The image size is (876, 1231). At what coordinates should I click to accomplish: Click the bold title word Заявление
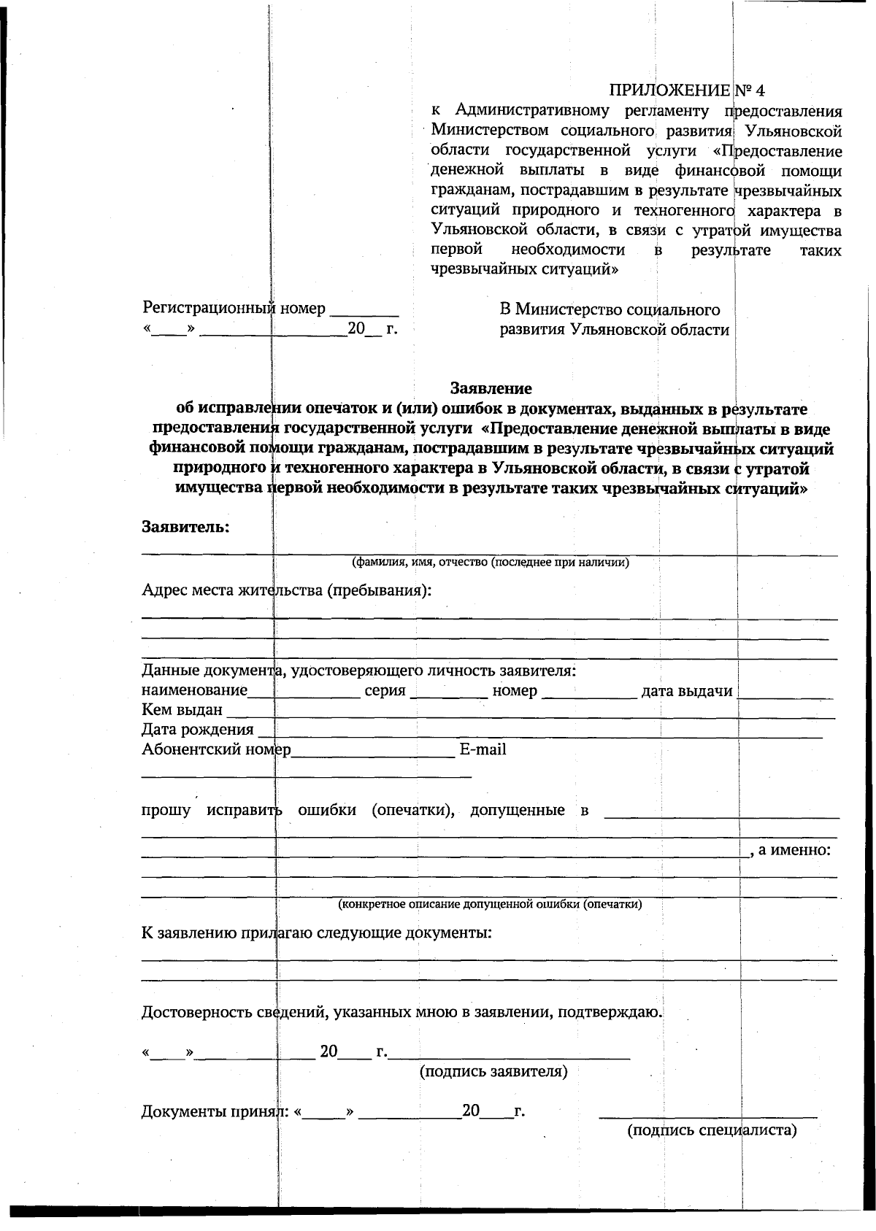[491, 388]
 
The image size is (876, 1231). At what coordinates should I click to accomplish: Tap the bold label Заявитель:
[185, 526]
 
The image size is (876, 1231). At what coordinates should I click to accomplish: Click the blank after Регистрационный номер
[364, 309]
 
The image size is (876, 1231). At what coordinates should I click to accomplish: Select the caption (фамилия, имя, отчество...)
[490, 562]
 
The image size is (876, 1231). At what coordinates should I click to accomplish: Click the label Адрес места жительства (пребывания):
[286, 590]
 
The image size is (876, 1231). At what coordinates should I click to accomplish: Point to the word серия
[385, 690]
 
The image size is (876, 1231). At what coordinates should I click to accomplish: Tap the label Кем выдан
[182, 709]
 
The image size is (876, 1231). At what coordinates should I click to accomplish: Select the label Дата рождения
[197, 729]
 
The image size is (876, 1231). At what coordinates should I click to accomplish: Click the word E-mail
[483, 749]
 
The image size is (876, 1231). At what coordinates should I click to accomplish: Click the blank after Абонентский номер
[372, 752]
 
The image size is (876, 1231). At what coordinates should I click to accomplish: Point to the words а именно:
[794, 850]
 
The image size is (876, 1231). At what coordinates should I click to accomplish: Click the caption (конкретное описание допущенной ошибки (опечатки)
[490, 904]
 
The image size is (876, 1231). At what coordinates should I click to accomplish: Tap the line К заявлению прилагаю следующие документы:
[316, 933]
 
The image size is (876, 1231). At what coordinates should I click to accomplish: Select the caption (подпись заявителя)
[493, 1071]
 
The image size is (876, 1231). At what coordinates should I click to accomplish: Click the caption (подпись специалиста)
[712, 1130]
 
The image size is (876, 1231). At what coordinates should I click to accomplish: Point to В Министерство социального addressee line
[610, 310]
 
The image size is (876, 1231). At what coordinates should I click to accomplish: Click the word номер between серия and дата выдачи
[515, 690]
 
